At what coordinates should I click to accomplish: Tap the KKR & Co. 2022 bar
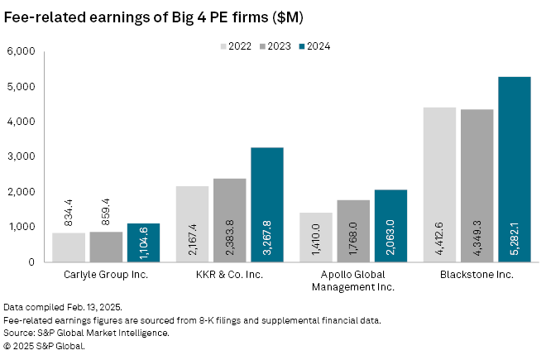point(192,223)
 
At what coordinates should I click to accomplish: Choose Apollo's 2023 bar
point(353,231)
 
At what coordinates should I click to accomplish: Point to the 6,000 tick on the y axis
point(21,51)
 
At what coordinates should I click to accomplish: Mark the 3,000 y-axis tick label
point(21,156)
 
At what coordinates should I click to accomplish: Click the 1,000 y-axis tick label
point(21,227)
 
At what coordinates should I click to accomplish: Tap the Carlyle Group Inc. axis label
point(106,274)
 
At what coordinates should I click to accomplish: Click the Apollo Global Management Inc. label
point(353,280)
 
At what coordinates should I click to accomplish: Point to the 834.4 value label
point(69,213)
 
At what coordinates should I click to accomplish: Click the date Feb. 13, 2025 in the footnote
point(81,307)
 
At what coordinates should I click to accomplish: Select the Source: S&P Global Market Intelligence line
point(87,333)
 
